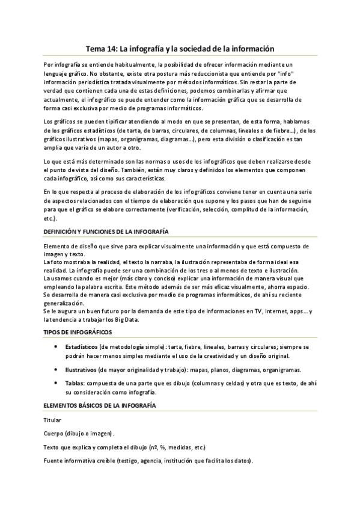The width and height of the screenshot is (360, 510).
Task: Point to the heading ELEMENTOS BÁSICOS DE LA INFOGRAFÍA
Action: pos(100,406)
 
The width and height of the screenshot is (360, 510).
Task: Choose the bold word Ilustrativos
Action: pos(81,369)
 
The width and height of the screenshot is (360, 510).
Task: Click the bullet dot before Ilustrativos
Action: pos(55,369)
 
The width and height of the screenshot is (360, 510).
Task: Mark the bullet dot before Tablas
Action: pos(55,382)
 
